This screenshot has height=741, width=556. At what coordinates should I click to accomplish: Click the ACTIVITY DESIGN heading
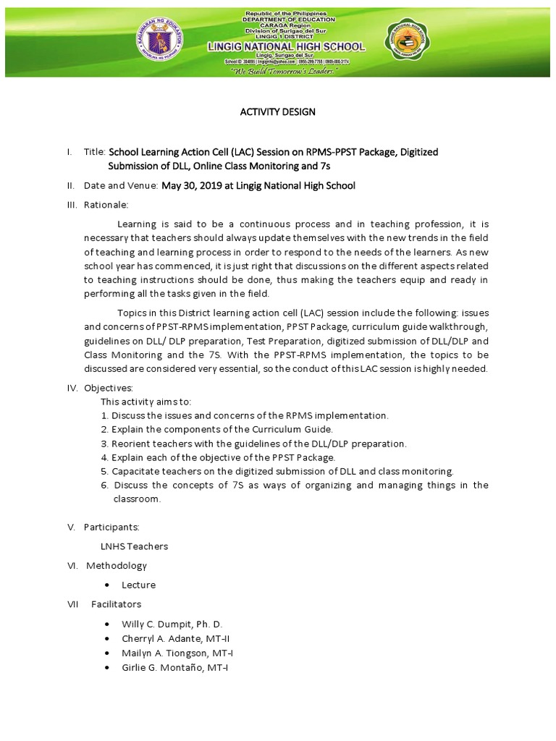[x=278, y=111]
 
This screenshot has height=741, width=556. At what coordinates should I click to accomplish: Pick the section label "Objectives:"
[x=109, y=389]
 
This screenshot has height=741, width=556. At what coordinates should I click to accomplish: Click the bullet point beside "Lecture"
[x=107, y=585]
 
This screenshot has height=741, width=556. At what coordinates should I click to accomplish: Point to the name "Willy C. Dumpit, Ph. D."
[x=172, y=624]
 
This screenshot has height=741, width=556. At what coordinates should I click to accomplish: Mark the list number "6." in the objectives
[x=105, y=485]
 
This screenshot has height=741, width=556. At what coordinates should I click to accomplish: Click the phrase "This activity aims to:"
[x=146, y=402]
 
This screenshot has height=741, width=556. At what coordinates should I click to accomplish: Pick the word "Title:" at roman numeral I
[x=95, y=152]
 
